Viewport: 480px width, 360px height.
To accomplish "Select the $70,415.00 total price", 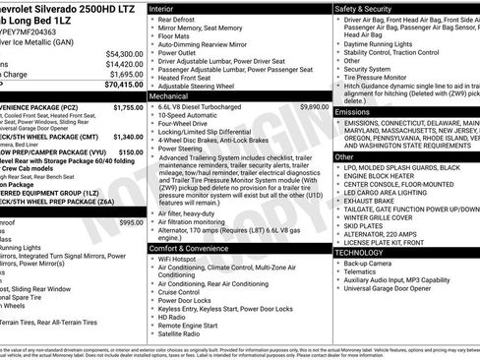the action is click(x=122, y=86).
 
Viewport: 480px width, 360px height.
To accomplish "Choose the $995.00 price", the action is click(x=131, y=223).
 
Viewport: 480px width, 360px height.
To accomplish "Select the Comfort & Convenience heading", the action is click(x=194, y=249).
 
